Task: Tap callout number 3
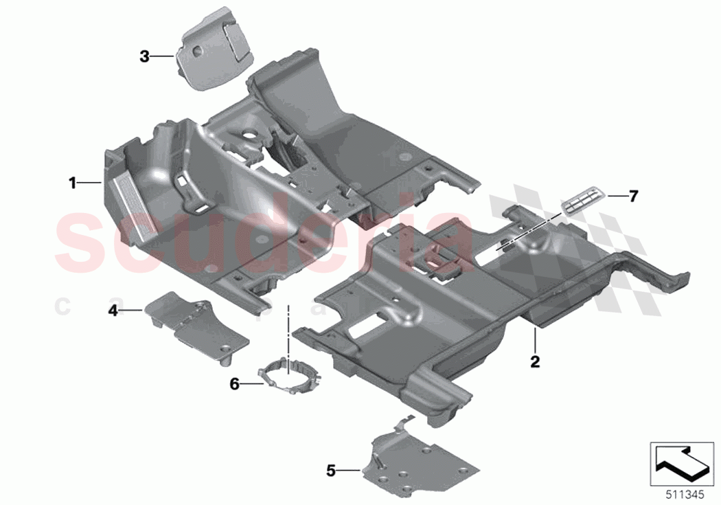coord(144,57)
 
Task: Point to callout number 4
coord(113,311)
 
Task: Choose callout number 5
coord(331,471)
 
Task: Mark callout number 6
coord(234,384)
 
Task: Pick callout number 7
coord(633,197)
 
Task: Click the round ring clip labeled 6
coord(290,379)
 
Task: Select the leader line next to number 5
coord(349,471)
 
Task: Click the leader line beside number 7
coord(615,197)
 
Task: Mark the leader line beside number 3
coord(163,57)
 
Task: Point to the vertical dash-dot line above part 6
coord(289,330)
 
